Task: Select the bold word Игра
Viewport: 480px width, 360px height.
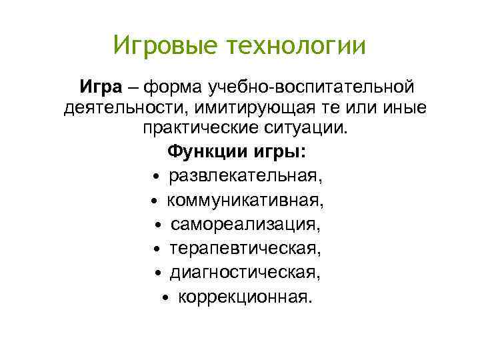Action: (x=101, y=87)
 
